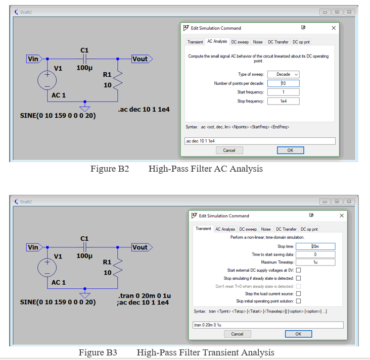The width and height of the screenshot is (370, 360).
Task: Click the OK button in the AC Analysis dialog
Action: [290, 150]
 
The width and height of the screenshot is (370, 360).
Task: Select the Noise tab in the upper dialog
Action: [258, 42]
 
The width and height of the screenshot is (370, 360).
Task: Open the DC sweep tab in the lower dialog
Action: [248, 229]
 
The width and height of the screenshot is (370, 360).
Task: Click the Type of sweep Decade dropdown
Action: [284, 74]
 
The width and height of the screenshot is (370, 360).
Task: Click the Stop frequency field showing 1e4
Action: [284, 101]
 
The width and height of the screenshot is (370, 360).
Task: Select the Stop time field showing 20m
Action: [315, 246]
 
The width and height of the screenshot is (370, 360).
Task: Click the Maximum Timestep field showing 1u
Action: [315, 263]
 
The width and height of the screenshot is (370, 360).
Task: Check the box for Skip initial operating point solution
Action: [298, 301]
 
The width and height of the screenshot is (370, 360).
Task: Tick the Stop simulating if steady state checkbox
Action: [298, 278]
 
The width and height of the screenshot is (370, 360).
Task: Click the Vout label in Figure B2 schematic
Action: [141, 59]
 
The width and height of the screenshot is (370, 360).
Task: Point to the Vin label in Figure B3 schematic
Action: [33, 247]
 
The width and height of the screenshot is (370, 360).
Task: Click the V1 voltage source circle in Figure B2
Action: [47, 80]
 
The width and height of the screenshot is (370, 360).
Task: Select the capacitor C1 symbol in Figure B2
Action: [84, 59]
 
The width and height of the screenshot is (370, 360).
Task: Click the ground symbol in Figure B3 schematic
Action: [85, 295]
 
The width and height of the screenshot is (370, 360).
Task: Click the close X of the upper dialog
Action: [334, 28]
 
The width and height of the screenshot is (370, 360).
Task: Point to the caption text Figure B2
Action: [110, 169]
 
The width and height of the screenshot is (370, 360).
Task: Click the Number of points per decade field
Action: [284, 83]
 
